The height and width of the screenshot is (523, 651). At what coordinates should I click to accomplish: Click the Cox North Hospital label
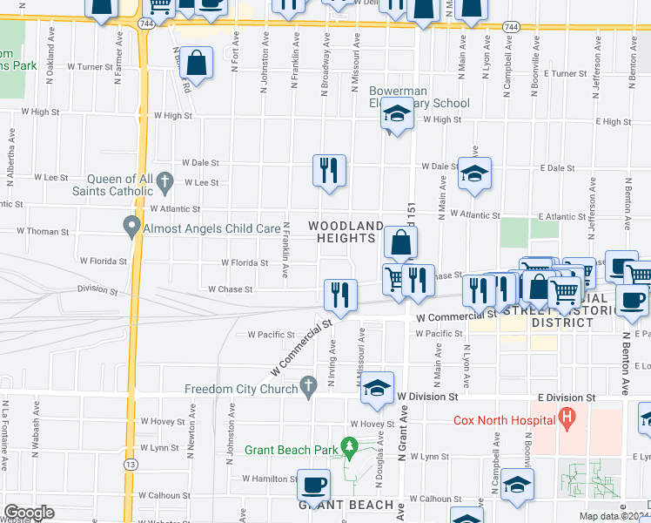(x=504, y=420)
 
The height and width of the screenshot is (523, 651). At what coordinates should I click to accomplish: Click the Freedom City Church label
(x=240, y=389)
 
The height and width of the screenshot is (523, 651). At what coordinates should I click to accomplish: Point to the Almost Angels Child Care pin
(x=131, y=228)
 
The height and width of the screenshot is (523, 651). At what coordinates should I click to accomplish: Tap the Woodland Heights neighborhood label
(x=346, y=232)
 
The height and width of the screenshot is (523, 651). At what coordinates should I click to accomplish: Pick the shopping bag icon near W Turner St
(x=197, y=63)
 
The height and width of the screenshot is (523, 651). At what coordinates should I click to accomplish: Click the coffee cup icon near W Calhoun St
(x=313, y=484)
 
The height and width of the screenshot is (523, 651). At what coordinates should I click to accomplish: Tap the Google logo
(x=28, y=513)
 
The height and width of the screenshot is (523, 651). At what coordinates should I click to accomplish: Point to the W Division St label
(x=427, y=397)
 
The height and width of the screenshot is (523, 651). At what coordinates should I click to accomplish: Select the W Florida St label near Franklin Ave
(x=244, y=262)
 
